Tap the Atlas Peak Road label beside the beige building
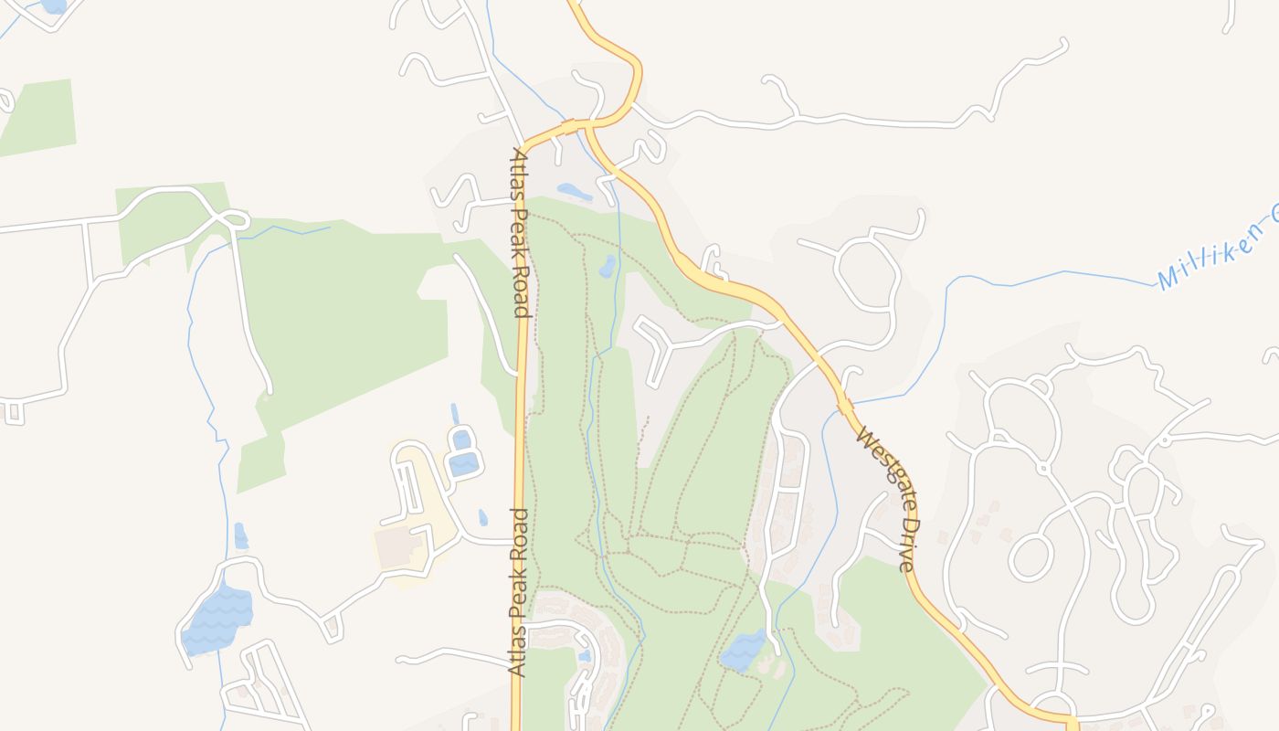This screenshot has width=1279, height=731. tap(519, 592)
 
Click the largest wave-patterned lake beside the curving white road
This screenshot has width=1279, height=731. tap(217, 620)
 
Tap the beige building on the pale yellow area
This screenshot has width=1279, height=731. tap(398, 546)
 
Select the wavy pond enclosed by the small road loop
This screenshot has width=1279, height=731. tap(463, 464)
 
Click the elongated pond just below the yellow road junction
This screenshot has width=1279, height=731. tap(574, 192)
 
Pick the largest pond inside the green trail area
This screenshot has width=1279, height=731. tap(743, 650)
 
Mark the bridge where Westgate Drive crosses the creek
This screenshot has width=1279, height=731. tap(846, 404)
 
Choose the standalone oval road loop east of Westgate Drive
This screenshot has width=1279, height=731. tap(1031, 556)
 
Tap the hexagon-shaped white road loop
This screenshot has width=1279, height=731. tap(863, 274)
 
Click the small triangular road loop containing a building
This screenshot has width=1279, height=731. tap(332, 628)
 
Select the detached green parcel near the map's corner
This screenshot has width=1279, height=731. tap(38, 116)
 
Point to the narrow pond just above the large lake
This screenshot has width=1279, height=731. tap(240, 535)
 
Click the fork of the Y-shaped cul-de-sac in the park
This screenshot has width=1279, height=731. tap(672, 346)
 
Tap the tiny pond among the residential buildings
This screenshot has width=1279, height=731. tap(584, 655)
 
